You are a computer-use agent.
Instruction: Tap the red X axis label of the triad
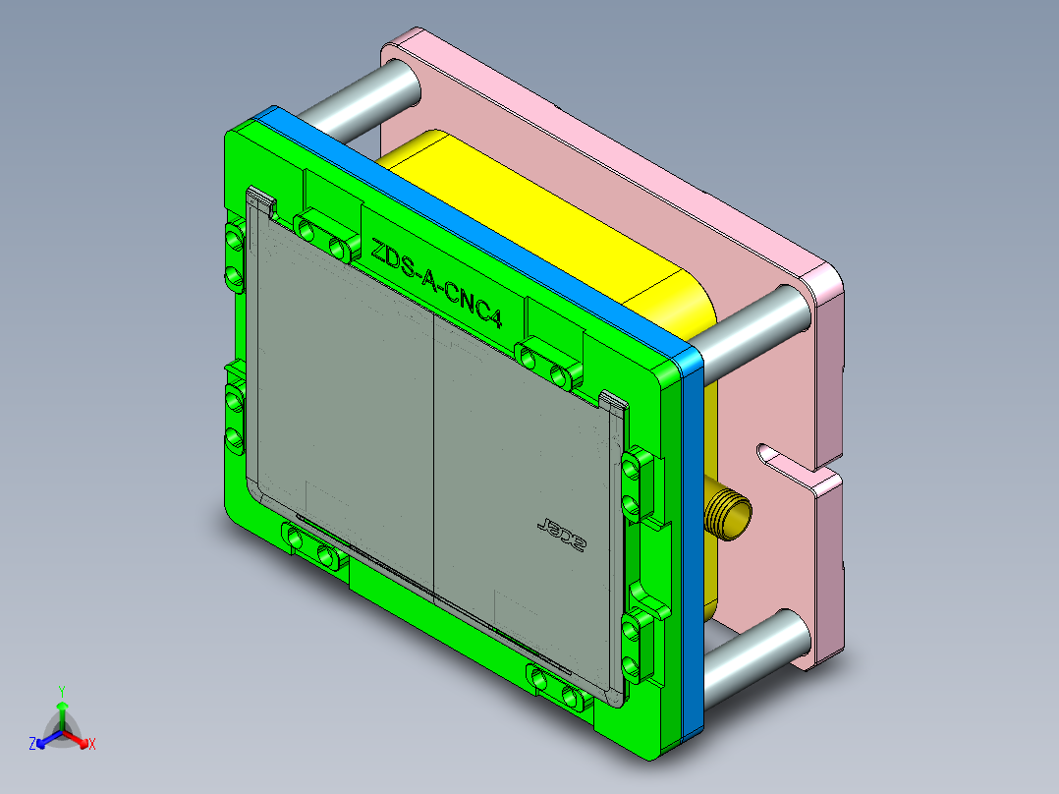click(91, 744)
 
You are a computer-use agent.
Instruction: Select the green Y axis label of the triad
click(61, 691)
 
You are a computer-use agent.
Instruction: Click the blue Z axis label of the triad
click(31, 744)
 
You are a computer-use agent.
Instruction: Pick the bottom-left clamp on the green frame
click(313, 546)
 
